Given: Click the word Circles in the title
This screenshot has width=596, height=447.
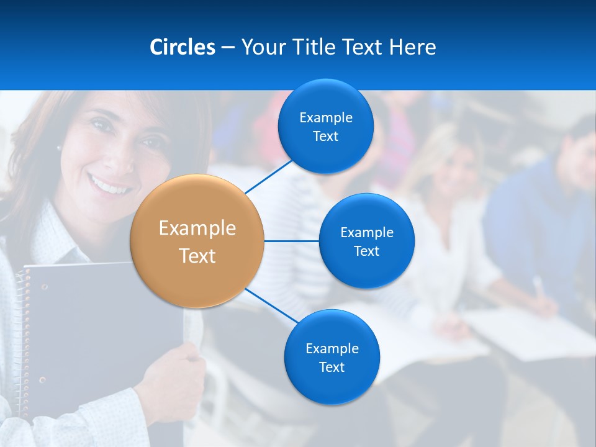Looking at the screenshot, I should pyautogui.click(x=182, y=47).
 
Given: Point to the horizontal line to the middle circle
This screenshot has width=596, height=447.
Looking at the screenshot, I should pyautogui.click(x=291, y=241).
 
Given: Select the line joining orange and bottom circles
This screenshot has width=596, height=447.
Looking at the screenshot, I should pyautogui.click(x=271, y=306).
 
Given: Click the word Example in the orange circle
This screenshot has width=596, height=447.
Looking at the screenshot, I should pyautogui.click(x=197, y=228).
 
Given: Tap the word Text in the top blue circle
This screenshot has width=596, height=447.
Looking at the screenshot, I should pyautogui.click(x=325, y=137).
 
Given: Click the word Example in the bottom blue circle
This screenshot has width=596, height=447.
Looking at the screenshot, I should pyautogui.click(x=332, y=348).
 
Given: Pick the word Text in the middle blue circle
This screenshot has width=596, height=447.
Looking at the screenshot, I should pyautogui.click(x=366, y=251).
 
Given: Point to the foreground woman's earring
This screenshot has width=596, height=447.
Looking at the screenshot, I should pyautogui.click(x=59, y=148).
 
